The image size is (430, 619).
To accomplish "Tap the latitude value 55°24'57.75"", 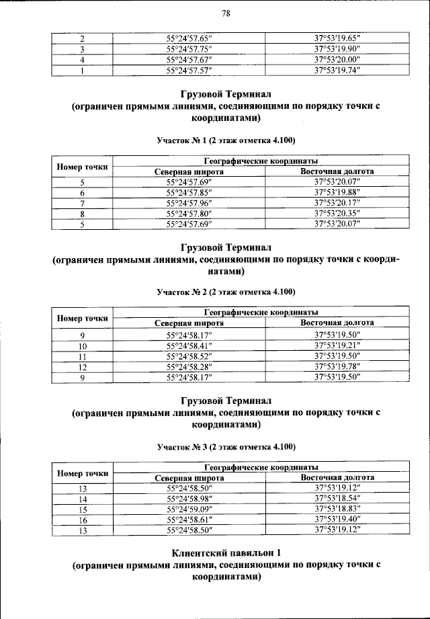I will click(x=189, y=49).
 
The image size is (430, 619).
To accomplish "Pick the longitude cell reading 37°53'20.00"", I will click(x=337, y=59).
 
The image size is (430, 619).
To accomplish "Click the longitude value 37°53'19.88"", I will click(x=337, y=192).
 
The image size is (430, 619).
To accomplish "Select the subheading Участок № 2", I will click(x=226, y=292).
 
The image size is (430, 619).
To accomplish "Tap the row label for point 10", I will click(x=82, y=345).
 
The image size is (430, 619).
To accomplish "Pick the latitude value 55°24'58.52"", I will click(x=189, y=356).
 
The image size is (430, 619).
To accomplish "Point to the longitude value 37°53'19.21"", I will click(x=337, y=345).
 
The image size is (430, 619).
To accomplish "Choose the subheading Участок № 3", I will click(x=226, y=446).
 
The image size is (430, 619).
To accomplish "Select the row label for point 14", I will click(x=82, y=499).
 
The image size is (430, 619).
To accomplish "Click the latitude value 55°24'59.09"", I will click(x=189, y=509).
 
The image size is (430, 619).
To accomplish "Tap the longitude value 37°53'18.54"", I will click(x=337, y=499).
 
